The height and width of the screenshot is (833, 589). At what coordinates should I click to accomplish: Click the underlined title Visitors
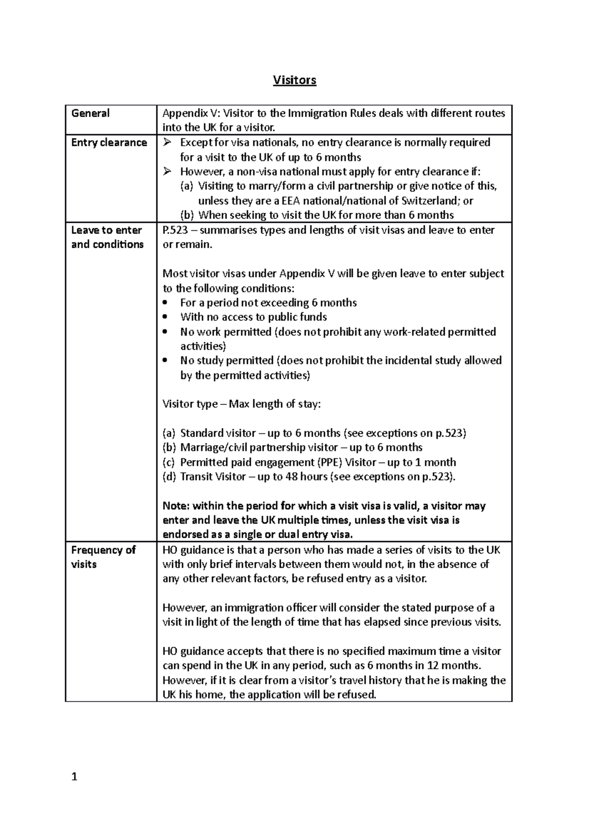click(294, 80)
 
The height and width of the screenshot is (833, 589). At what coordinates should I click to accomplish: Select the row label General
click(90, 113)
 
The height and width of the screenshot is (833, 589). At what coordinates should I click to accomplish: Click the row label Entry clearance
click(109, 143)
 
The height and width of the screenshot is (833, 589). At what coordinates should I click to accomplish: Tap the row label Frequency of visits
click(103, 557)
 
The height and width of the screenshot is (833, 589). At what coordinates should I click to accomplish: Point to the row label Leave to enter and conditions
click(107, 237)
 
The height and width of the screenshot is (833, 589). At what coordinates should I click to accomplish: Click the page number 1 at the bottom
click(75, 777)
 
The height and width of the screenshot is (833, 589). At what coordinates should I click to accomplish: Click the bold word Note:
click(176, 506)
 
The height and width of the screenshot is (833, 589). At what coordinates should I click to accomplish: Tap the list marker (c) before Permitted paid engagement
click(168, 462)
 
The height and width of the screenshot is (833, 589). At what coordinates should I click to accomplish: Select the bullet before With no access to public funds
click(166, 317)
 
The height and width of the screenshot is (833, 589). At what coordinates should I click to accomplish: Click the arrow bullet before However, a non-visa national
click(168, 172)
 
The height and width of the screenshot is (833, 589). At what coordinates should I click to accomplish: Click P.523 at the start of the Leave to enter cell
click(175, 230)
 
